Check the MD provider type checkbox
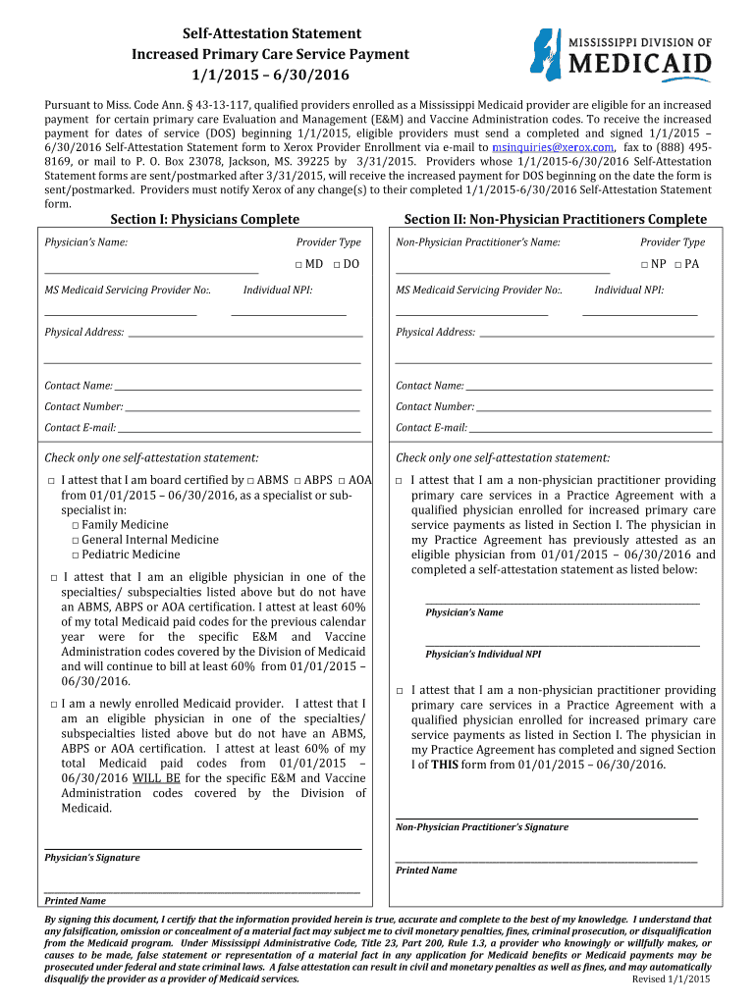tap(297, 265)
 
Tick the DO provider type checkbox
tap(337, 265)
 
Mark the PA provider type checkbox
tap(678, 265)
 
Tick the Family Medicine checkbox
tap(75, 525)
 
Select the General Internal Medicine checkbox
tap(75, 540)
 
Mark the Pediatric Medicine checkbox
tap(75, 555)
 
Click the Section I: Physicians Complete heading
tap(204, 219)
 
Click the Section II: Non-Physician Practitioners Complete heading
tap(555, 219)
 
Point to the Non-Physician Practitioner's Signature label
tap(481, 827)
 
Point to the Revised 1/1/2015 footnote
tap(671, 979)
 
